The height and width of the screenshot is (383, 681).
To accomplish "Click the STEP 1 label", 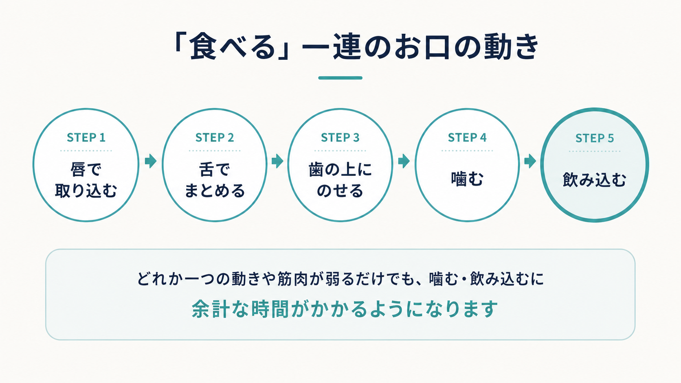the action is point(86,138).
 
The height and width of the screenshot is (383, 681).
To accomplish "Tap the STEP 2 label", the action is point(215,138).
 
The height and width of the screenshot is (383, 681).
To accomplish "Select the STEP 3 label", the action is point(340,138).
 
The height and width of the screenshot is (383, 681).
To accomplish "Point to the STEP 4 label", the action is point(467,138).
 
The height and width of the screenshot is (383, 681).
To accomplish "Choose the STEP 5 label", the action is point(595,138).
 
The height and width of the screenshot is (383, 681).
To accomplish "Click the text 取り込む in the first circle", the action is point(86,191).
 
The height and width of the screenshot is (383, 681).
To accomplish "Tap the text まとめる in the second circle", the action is point(215,191).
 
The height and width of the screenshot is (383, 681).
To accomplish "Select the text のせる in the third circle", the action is point(340,191).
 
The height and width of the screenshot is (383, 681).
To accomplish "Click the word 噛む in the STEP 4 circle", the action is point(467,179).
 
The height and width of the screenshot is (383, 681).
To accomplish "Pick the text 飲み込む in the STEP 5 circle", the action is point(595,179).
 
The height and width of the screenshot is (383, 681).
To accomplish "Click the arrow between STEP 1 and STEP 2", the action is point(151,161).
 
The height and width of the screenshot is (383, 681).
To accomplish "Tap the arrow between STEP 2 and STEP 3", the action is point(277,161).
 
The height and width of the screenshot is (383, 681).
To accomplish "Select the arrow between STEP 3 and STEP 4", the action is point(404,161).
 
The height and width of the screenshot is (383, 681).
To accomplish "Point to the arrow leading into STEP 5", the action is point(530,161).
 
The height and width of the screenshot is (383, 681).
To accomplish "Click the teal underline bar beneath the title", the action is point(340,78).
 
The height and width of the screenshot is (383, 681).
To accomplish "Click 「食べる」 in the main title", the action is point(231,46).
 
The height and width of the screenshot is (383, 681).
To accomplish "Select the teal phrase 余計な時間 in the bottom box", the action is point(240,309).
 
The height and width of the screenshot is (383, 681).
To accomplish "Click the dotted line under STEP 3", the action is point(340,151).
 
